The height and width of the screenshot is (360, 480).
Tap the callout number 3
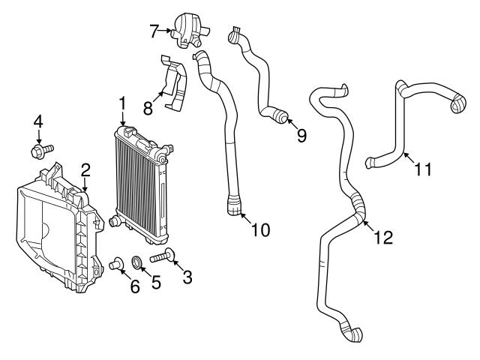[187, 277]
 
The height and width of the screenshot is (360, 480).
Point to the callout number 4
[37, 121]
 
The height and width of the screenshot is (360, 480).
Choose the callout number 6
[135, 286]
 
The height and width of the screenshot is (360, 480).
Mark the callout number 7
[154, 31]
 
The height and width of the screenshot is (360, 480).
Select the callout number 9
[301, 136]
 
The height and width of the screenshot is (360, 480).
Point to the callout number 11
[423, 169]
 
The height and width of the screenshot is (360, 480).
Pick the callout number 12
[383, 238]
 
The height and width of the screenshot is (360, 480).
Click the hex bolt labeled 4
[38, 152]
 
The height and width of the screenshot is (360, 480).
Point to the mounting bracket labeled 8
[174, 86]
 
